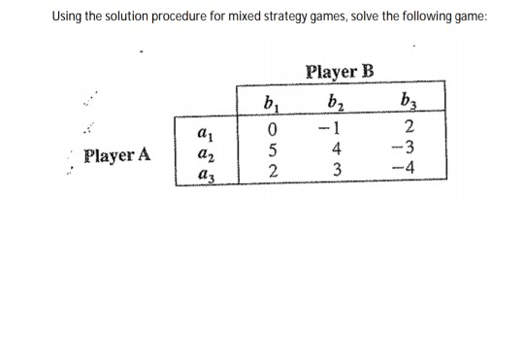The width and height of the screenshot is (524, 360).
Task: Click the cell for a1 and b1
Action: point(273,130)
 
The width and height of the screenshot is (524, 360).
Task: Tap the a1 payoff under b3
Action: point(411,130)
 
